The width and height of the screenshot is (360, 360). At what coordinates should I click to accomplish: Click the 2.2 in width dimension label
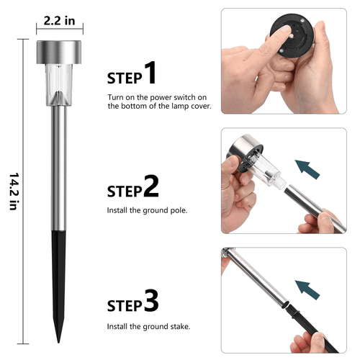59,21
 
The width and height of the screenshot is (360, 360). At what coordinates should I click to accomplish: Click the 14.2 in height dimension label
14,192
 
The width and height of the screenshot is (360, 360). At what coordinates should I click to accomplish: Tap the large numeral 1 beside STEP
150,73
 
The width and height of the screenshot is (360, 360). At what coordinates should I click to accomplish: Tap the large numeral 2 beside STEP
151,186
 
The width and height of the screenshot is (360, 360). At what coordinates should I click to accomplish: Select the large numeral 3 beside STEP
151,301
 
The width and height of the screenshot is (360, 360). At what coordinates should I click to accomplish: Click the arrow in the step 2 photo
307,169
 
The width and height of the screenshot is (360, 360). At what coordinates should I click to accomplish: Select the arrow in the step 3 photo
307,289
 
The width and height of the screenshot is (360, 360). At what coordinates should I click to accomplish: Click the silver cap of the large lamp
59,53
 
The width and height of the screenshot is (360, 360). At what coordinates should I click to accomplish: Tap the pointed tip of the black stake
58,343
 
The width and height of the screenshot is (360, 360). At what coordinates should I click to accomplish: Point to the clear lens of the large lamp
59,85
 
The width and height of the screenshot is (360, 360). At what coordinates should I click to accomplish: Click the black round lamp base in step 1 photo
292,36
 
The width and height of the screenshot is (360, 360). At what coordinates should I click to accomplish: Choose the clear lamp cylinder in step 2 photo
267,171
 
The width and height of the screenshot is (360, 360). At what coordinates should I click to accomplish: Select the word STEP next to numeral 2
125,192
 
